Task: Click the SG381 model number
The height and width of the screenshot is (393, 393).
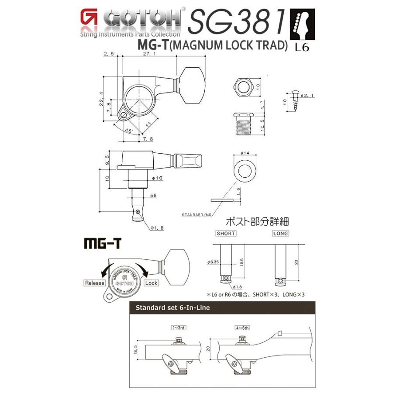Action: click(x=237, y=21)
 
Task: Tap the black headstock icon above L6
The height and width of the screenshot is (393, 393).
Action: click(x=302, y=25)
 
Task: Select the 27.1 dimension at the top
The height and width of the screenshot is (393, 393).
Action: click(x=147, y=54)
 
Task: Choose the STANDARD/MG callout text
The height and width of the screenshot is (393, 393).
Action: click(x=196, y=215)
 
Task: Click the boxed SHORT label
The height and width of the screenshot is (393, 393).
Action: click(x=226, y=233)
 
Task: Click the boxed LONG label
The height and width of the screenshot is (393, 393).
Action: click(x=280, y=233)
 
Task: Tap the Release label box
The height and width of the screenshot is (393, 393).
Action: click(x=95, y=283)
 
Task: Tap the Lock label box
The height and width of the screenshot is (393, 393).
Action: click(x=151, y=283)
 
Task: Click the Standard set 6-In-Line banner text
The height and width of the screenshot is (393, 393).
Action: click(x=172, y=308)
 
